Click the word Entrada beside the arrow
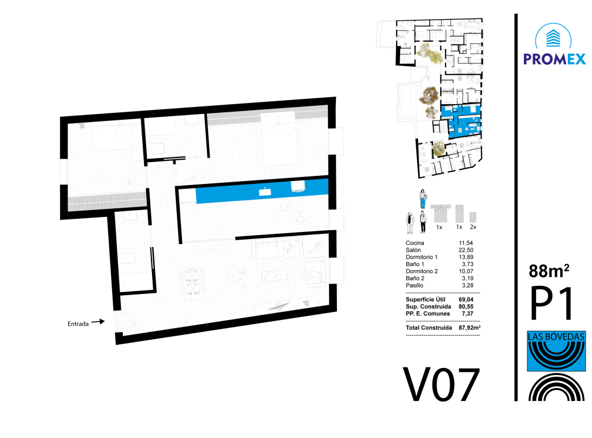coord(78,324)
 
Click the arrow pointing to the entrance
coord(98,322)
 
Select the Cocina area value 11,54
coord(466,243)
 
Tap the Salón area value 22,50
coord(466,250)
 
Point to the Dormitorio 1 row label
coord(421,257)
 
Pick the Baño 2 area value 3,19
coord(467,278)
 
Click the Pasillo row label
coord(415,285)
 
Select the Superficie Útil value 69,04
coord(466,300)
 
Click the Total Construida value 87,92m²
coord(469,327)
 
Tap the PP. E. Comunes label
coord(428,314)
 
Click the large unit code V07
coord(441,385)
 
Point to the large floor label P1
coord(552,303)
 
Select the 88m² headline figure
coord(549,271)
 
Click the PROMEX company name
coord(554,60)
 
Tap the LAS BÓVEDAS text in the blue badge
coord(556,336)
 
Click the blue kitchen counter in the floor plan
coord(262,191)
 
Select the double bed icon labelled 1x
coord(440,213)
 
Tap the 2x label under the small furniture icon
coord(473,227)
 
